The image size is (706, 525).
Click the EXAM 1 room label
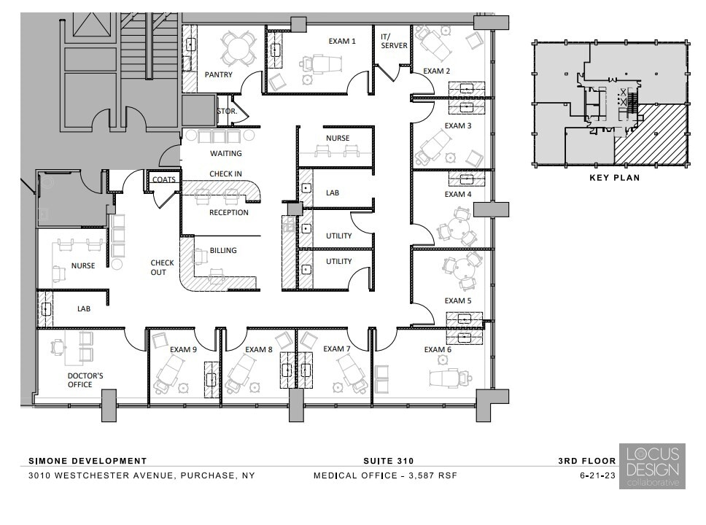click(341, 42)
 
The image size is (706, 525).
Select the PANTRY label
click(218, 74)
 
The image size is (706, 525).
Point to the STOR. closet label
click(226, 112)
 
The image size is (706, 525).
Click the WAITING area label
click(225, 154)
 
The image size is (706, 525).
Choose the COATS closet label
click(163, 179)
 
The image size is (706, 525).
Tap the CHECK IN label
click(225, 174)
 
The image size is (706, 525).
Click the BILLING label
click(223, 251)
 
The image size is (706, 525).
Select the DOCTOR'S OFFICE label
click(80, 380)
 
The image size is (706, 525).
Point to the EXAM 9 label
click(183, 349)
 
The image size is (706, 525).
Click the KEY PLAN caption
click(613, 177)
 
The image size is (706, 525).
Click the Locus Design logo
click(651, 466)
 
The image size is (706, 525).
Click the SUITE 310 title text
click(388, 461)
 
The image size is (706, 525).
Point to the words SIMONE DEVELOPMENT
click(88, 461)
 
